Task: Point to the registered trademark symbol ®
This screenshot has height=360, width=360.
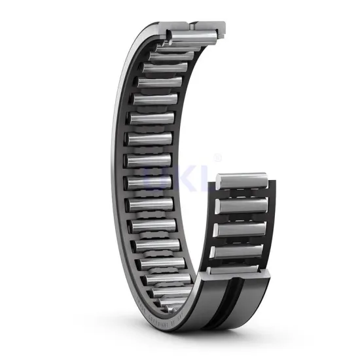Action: click(218, 157)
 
